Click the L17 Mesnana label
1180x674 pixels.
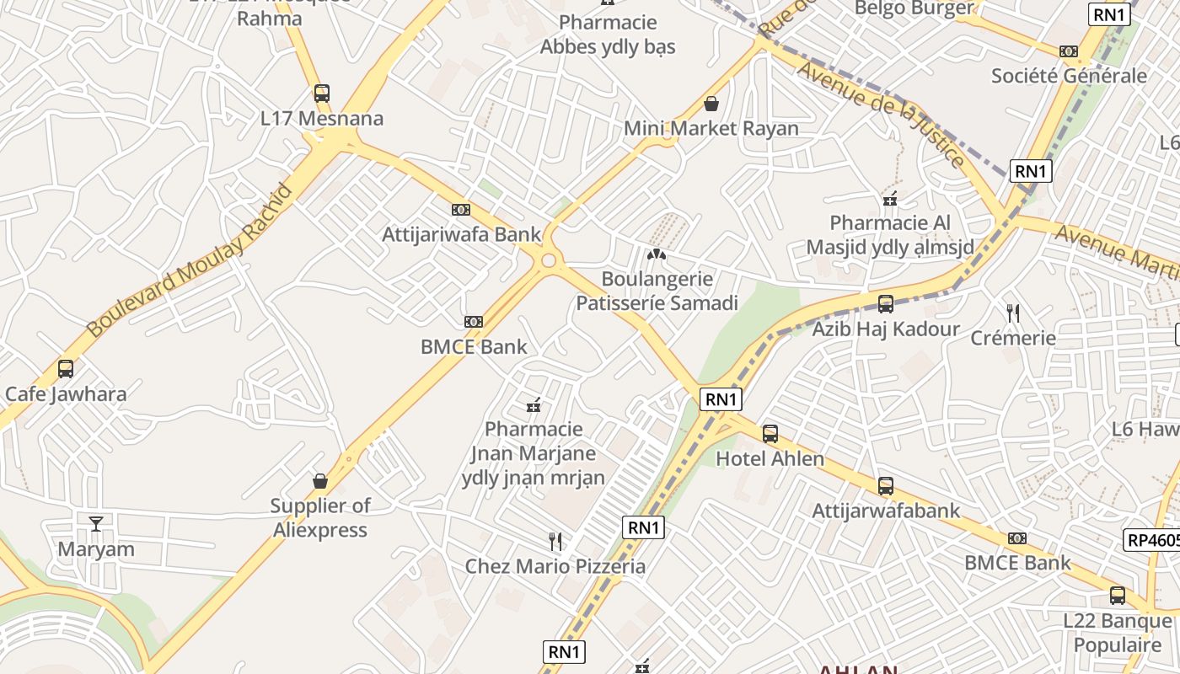322,119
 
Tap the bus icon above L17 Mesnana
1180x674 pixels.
321,93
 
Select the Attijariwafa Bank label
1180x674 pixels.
461,234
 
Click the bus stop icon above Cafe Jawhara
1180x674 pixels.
66,368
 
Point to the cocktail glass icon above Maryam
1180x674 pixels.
96,523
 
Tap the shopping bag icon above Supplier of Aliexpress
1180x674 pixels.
320,481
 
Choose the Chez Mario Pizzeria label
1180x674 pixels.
555,566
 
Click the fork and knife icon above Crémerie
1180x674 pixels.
1013,313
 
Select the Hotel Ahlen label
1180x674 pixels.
770,459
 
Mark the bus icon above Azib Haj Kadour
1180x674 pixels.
886,303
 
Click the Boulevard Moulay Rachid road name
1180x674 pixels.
190,260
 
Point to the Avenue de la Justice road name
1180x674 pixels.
881,114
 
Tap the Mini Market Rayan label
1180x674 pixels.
711,129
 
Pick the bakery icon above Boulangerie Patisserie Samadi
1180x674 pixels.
657,254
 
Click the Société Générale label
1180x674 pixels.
1069,76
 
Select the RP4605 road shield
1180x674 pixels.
1152,540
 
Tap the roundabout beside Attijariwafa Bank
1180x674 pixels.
549,260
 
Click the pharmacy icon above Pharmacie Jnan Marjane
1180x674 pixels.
533,406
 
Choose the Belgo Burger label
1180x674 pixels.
914,8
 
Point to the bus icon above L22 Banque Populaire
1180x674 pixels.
1118,596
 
